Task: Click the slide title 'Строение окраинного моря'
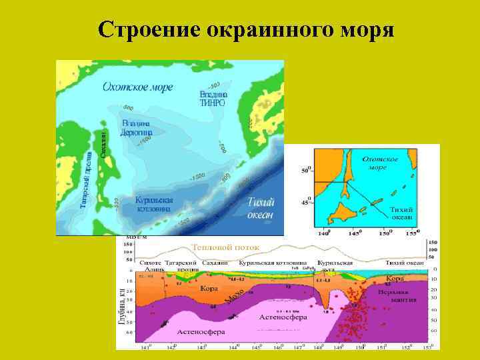(246, 30)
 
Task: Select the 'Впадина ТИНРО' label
(213, 99)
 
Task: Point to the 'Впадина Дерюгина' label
(137, 128)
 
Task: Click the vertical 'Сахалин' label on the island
(103, 144)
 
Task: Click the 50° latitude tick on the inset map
(307, 171)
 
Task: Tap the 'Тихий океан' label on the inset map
(401, 213)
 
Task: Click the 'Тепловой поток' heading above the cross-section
(226, 247)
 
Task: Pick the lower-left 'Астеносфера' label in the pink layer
(200, 331)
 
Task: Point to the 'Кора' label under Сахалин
(209, 289)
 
